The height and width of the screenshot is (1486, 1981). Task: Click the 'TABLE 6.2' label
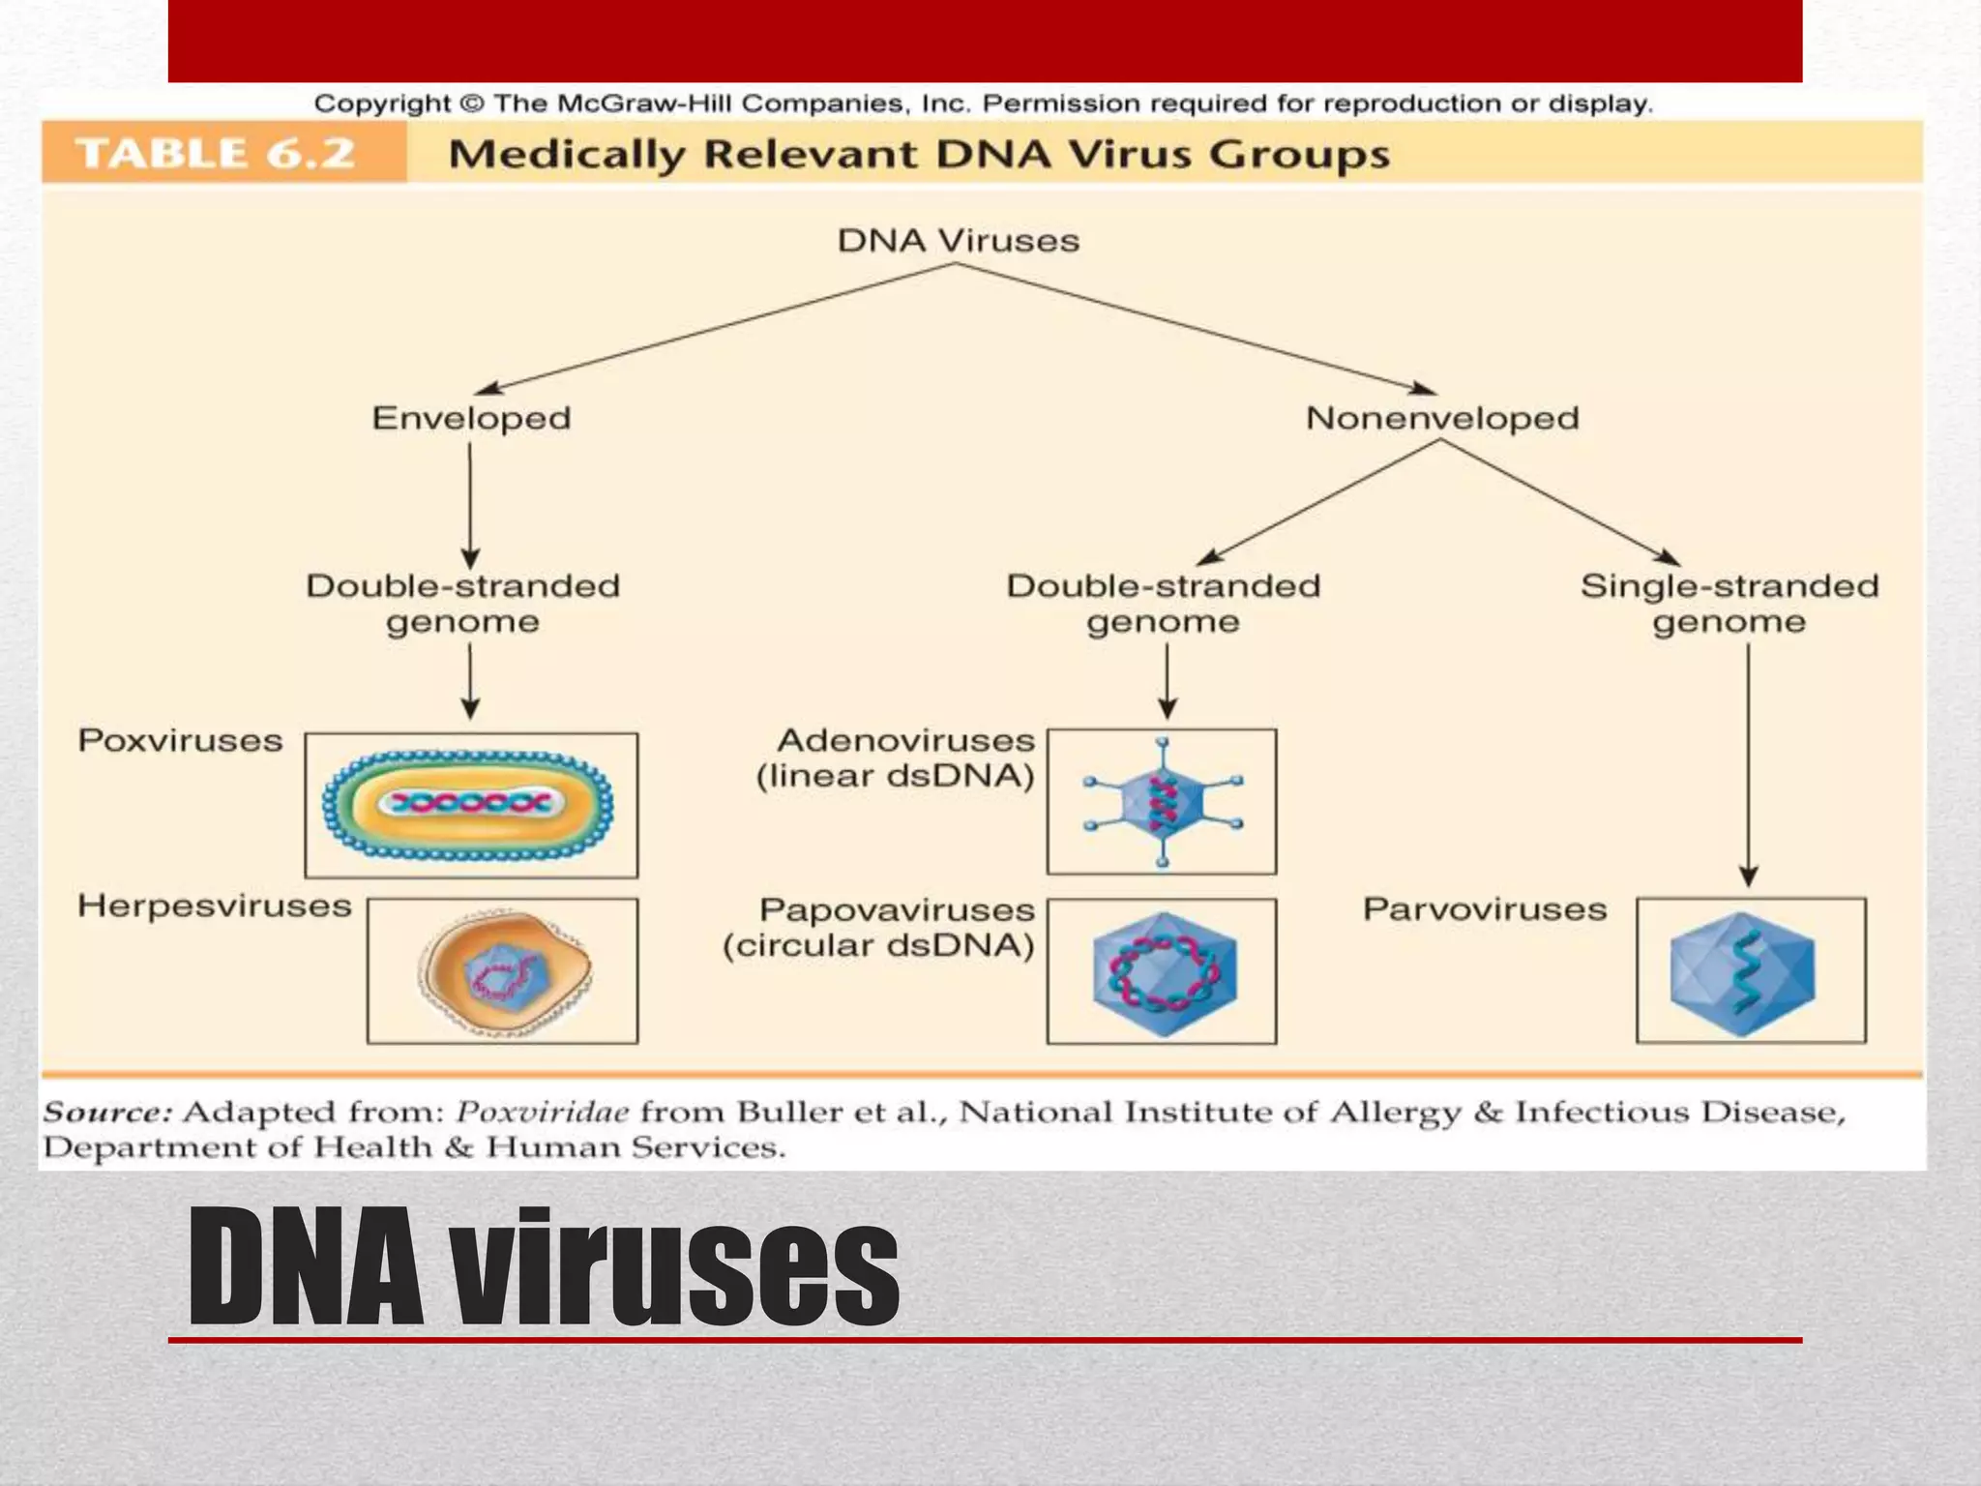click(x=216, y=154)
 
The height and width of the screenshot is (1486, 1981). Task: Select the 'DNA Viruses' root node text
click(x=958, y=241)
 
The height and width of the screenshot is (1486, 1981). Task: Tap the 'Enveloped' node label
click(x=471, y=419)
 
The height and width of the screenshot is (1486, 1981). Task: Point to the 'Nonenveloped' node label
click(x=1441, y=419)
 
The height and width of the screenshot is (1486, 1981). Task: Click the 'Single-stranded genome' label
click(x=1730, y=604)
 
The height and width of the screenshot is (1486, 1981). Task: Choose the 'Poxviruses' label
click(x=181, y=741)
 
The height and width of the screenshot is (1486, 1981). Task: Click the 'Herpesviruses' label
click(x=215, y=906)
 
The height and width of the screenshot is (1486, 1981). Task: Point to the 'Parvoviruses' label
click(x=1485, y=909)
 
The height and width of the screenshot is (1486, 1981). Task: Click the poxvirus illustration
click(x=469, y=805)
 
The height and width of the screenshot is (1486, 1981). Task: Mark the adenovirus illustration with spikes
click(x=1162, y=802)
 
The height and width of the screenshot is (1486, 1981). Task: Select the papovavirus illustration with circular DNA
click(x=1163, y=972)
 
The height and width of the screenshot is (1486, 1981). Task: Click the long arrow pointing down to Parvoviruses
click(x=1748, y=764)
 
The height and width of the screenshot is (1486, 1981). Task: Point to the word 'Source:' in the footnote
click(x=107, y=1113)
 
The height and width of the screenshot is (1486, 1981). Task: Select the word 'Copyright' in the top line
click(x=382, y=104)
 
